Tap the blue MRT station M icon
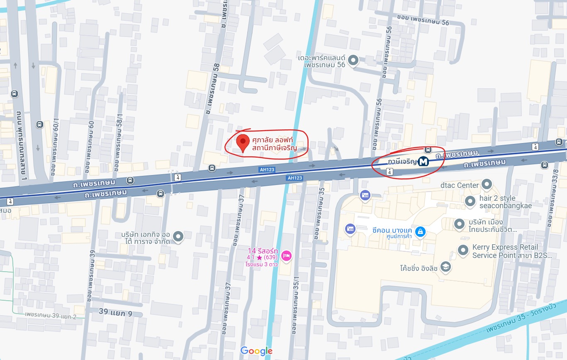[423, 161]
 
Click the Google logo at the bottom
[256, 351]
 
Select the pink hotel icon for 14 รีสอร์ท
[286, 255]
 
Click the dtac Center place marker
[487, 184]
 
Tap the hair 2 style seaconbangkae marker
[470, 202]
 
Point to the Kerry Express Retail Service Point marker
[463, 250]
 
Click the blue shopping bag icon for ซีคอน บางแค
[420, 231]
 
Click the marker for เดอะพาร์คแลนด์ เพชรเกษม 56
[353, 61]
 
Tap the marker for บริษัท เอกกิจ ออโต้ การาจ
[178, 236]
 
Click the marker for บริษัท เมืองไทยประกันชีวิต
[459, 224]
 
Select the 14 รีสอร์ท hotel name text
[263, 251]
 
